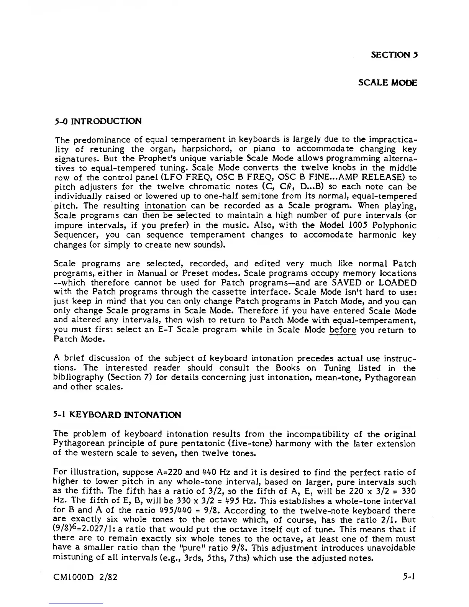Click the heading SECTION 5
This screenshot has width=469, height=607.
coord(394,54)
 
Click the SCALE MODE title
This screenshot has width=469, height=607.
coord(387,83)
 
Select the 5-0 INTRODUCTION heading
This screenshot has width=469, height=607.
coord(98,121)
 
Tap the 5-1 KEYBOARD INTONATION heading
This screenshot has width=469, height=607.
coord(117,415)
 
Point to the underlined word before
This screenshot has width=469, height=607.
coord(343,330)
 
